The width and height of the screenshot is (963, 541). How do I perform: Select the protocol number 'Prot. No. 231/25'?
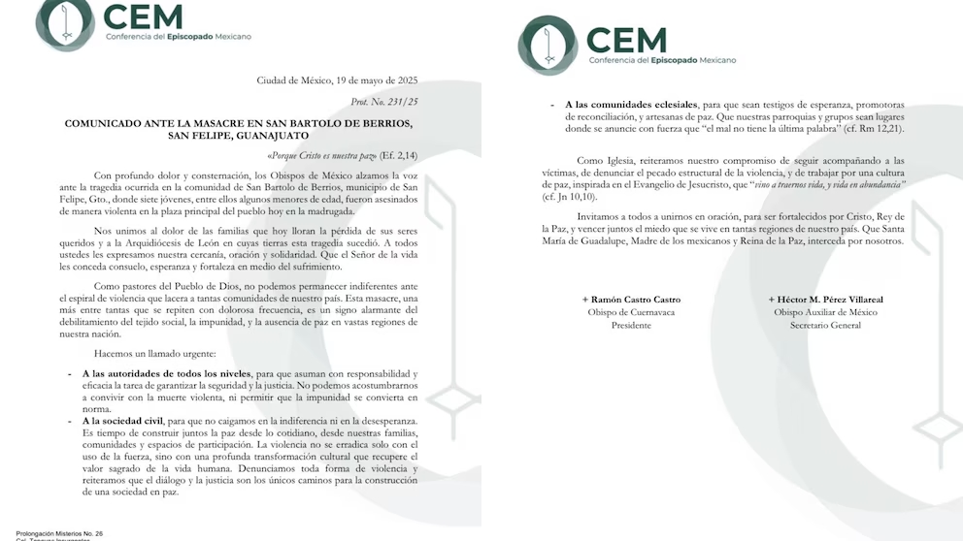384,101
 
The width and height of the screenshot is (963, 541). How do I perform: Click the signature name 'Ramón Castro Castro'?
631,300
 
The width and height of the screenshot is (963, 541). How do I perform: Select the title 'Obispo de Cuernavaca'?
631,312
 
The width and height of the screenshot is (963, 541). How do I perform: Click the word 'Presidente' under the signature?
631,326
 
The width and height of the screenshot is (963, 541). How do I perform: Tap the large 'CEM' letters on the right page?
627,40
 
